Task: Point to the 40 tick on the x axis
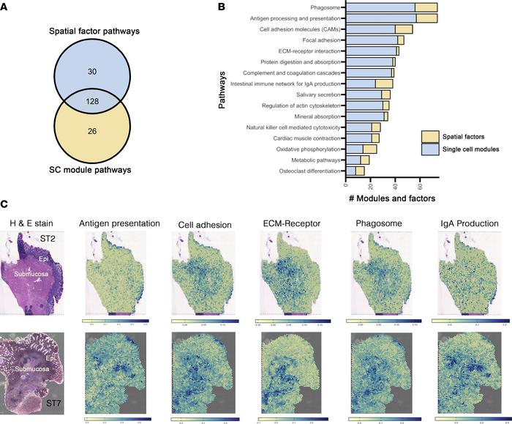394,185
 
